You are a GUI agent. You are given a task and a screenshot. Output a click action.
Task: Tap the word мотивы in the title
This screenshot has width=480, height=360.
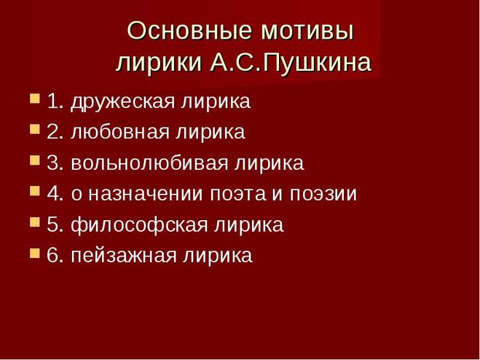click(307, 32)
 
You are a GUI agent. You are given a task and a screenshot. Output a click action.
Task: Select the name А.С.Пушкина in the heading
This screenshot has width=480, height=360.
click(291, 63)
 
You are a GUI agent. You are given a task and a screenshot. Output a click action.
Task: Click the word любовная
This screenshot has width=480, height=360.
click(120, 133)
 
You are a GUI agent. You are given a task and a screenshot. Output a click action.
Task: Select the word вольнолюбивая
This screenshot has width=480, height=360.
click(150, 163)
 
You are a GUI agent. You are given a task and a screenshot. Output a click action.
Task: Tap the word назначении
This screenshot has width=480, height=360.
click(146, 194)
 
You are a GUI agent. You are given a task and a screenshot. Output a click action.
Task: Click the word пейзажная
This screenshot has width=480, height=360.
click(124, 256)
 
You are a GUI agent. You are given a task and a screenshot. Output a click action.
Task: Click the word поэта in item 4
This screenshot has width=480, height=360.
click(238, 194)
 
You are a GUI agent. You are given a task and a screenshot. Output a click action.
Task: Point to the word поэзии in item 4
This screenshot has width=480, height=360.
click(323, 194)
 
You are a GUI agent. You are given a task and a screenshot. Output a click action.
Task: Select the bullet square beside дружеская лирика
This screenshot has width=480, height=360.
click(35, 98)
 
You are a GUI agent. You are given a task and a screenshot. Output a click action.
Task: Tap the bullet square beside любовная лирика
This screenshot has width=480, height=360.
click(35, 129)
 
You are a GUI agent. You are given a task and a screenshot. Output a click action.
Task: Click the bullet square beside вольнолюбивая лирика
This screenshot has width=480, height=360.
click(35, 160)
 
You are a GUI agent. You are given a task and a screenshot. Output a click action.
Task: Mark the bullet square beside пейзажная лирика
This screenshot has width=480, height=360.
click(35, 253)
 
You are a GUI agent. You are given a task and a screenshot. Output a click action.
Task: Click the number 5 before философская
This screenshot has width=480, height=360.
click(52, 224)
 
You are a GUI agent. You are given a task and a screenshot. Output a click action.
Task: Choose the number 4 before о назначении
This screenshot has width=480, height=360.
click(52, 194)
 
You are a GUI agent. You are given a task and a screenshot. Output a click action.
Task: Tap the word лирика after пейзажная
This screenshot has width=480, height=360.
click(218, 256)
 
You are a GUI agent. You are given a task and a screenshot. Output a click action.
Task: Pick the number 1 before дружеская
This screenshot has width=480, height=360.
click(52, 101)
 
